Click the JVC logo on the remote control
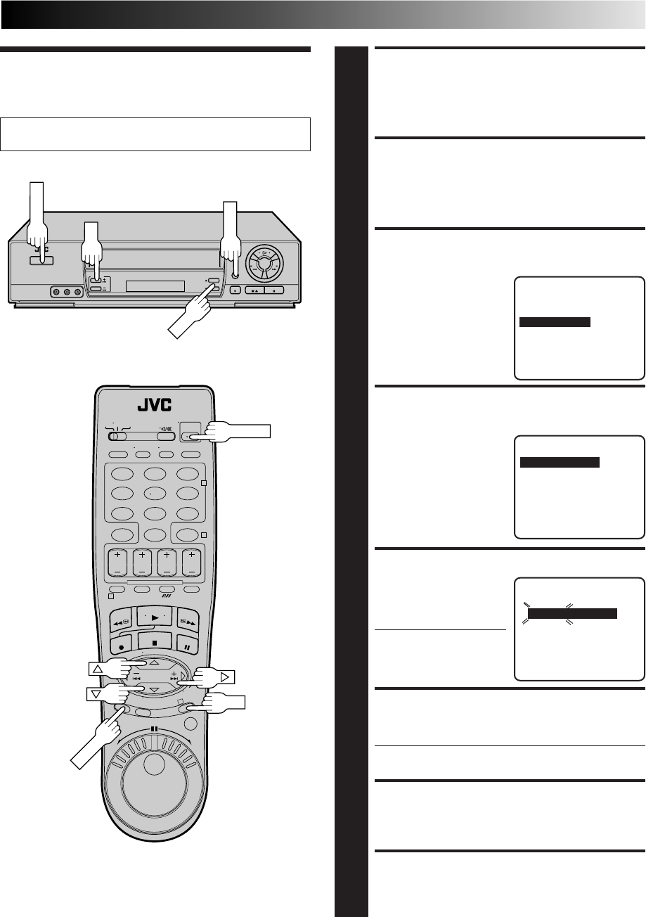[x=154, y=405]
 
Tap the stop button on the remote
[x=155, y=643]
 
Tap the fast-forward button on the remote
[x=188, y=622]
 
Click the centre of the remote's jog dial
[x=154, y=764]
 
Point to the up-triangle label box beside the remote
[x=98, y=669]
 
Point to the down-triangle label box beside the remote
[x=96, y=694]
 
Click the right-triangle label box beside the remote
[x=225, y=676]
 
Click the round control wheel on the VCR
[x=265, y=263]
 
